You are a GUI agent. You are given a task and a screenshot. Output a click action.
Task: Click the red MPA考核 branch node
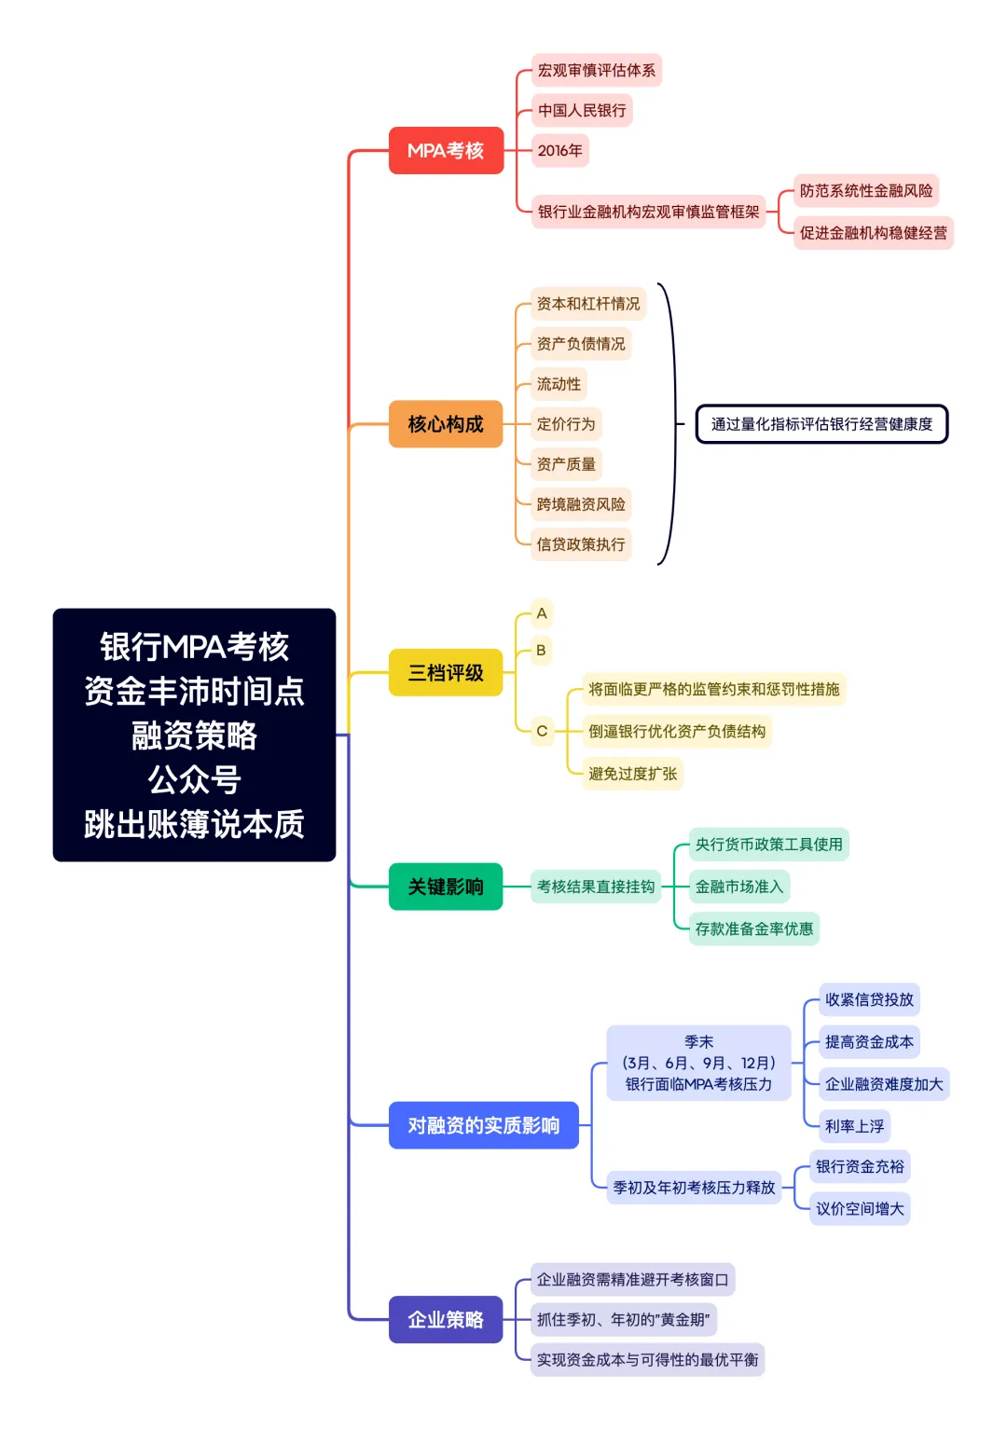(x=446, y=150)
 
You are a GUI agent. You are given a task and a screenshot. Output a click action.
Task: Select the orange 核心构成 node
(x=446, y=424)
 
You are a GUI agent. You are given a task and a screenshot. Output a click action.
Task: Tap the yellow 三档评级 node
(x=446, y=672)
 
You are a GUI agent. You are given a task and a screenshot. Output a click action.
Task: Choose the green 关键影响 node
(x=446, y=887)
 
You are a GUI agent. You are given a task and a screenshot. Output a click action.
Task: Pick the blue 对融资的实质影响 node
(x=483, y=1125)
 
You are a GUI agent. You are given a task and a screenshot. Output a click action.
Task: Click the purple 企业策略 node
(x=446, y=1319)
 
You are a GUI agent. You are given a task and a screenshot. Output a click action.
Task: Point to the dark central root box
(x=194, y=735)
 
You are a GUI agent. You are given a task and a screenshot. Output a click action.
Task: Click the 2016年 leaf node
(x=559, y=150)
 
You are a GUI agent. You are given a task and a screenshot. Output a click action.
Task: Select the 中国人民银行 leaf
(x=582, y=110)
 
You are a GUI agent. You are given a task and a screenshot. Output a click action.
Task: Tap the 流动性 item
(x=559, y=384)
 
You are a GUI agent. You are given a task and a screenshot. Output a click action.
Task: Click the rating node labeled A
(x=542, y=613)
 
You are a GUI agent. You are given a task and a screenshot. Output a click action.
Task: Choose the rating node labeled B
(x=541, y=650)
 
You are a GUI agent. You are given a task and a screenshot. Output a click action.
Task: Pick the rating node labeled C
(x=542, y=731)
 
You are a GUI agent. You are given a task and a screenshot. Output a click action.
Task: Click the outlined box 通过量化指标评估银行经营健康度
(x=821, y=424)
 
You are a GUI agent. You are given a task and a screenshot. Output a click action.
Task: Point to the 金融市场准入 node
(x=738, y=887)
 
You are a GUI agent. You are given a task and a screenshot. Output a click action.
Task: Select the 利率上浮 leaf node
(x=854, y=1126)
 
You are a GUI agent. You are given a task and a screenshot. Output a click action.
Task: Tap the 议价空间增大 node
(x=860, y=1209)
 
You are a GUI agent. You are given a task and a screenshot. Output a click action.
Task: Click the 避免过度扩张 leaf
(x=632, y=774)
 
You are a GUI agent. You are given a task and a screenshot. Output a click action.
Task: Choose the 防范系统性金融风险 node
(x=865, y=190)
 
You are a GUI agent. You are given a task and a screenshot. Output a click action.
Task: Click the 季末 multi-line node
(x=698, y=1063)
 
